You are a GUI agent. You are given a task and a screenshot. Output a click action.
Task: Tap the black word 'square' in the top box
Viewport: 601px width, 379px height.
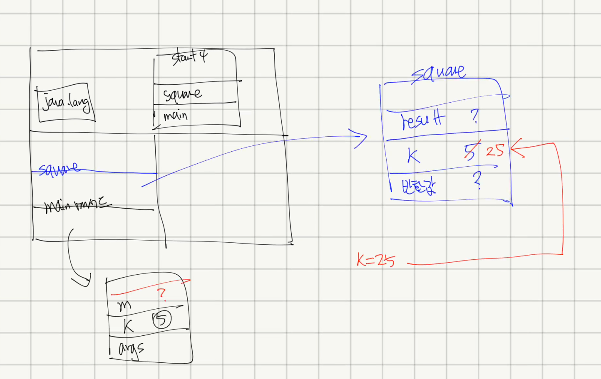[182, 94]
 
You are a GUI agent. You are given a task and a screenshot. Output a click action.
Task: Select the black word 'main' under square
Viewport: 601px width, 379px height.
[176, 115]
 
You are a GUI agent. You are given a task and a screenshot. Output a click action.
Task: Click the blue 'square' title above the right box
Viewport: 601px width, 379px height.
[439, 73]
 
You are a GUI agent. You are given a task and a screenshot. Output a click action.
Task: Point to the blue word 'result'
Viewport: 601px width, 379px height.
[422, 120]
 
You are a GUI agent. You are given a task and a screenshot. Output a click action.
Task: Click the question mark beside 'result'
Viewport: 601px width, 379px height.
[475, 116]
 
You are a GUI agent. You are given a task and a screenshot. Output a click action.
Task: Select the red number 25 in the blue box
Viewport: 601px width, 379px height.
[495, 150]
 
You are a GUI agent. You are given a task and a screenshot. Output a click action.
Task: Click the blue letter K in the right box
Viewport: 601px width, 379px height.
[413, 156]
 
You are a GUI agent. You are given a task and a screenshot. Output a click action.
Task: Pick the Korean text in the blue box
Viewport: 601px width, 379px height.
[419, 186]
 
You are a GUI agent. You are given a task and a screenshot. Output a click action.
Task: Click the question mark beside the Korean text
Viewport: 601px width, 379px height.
[477, 180]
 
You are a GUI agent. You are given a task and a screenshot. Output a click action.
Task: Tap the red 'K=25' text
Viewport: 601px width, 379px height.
[375, 260]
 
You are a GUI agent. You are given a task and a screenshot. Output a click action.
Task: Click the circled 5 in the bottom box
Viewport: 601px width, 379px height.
[161, 320]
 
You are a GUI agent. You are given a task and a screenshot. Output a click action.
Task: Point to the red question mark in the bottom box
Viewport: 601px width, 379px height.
[161, 294]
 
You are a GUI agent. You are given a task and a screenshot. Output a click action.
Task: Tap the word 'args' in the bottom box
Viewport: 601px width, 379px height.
[131, 349]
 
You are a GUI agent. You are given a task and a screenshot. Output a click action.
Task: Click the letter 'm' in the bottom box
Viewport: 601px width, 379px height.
[124, 306]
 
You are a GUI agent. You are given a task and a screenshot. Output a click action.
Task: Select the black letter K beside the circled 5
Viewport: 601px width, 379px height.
[129, 325]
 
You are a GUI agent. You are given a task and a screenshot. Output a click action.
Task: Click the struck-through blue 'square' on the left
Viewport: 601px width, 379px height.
[58, 169]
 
